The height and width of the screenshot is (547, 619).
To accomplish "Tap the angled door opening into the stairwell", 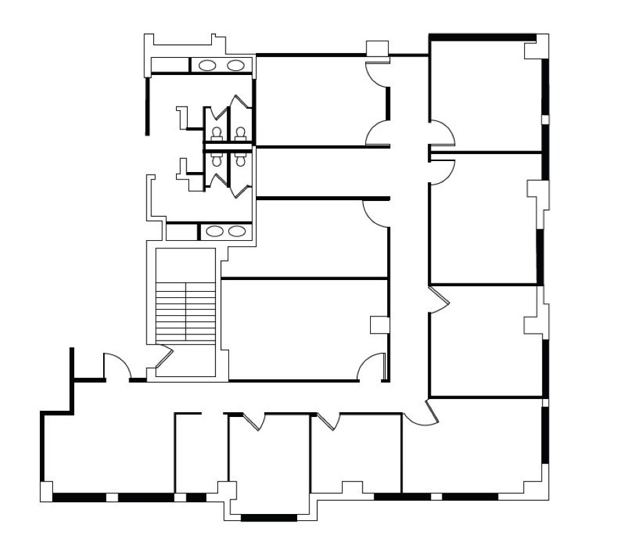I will (163, 358).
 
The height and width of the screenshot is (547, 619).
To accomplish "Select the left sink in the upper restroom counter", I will (207, 65).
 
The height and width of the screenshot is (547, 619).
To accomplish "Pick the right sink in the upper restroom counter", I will (235, 65).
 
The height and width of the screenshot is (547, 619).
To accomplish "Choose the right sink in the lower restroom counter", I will (236, 231).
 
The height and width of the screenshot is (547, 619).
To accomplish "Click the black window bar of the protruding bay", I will (268, 517).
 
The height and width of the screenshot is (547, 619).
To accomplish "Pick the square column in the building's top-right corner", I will (535, 50).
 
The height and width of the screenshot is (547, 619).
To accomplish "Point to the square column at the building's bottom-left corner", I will (45, 491).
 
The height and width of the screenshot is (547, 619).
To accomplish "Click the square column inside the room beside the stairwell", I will (379, 325).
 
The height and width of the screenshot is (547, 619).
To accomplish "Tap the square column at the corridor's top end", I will (377, 49).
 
